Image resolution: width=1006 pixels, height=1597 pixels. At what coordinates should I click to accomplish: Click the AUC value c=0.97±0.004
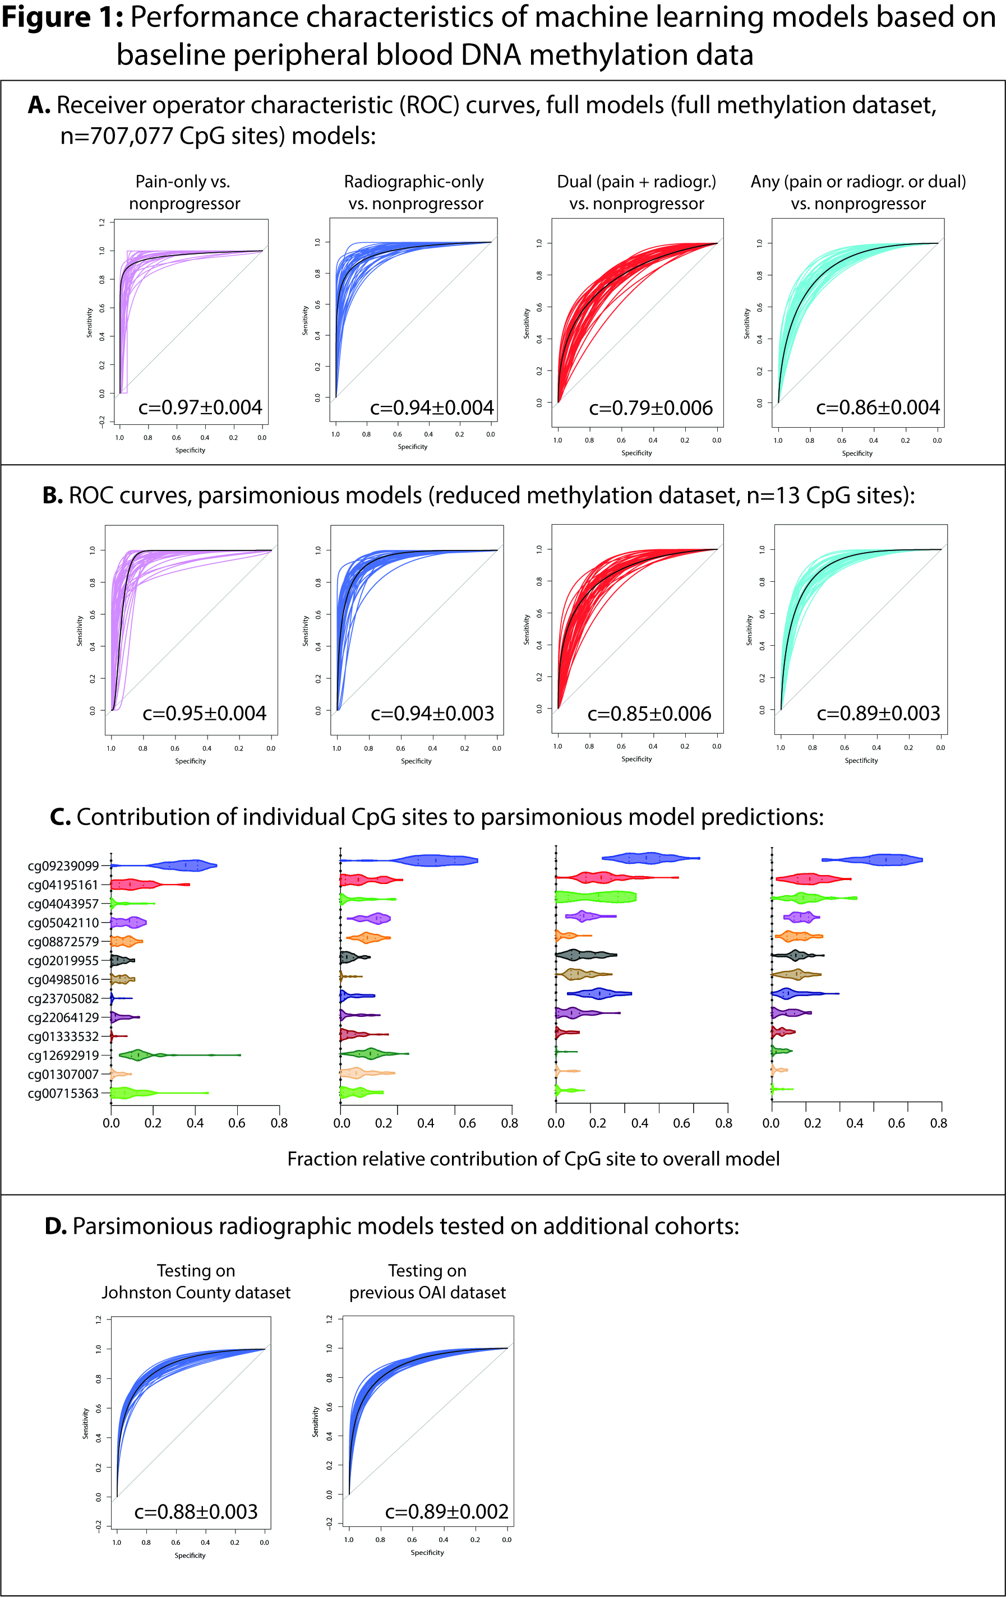click(x=200, y=407)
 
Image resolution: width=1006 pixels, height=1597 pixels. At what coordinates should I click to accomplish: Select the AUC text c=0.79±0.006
click(x=650, y=408)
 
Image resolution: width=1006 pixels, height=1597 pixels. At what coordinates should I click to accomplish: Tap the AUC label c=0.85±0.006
click(x=649, y=714)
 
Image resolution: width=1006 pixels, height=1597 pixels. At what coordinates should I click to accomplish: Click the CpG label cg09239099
click(x=63, y=865)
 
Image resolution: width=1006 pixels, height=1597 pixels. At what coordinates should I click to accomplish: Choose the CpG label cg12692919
click(x=63, y=1055)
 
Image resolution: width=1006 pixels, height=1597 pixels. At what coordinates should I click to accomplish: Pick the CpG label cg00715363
click(x=63, y=1093)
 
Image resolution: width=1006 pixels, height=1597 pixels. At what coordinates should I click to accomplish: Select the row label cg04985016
click(x=63, y=979)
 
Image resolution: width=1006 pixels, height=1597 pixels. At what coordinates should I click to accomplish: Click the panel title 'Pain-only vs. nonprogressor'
click(x=184, y=192)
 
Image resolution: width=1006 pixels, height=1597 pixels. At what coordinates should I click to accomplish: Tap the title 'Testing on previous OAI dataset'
click(x=427, y=1281)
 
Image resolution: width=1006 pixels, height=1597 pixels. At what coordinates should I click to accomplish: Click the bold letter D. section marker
click(x=56, y=1226)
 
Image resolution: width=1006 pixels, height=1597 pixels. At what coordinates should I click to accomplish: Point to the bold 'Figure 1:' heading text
click(x=62, y=18)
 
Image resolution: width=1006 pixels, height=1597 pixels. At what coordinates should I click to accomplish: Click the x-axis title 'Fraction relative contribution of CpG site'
click(x=533, y=1159)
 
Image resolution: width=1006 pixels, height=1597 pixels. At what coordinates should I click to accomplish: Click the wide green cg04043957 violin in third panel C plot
click(x=596, y=897)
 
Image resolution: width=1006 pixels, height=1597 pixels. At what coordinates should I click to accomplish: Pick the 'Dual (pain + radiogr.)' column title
click(x=636, y=182)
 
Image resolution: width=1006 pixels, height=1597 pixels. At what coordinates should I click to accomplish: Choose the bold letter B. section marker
click(x=52, y=496)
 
